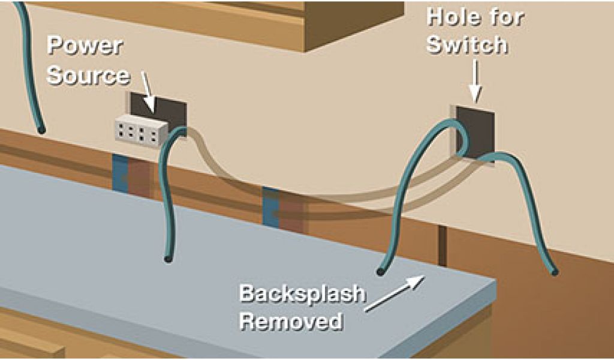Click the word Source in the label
point(88,76)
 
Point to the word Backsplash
point(302,295)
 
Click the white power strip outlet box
point(140,130)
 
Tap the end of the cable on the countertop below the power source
point(167,259)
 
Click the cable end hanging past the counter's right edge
point(555,272)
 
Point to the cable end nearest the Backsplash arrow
point(380,272)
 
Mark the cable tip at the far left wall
point(41,129)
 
